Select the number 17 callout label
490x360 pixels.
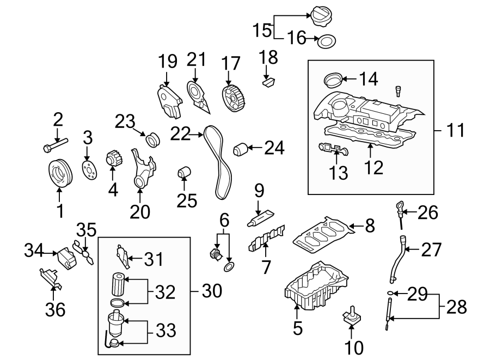click(231, 63)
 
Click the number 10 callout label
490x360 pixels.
click(354, 346)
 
